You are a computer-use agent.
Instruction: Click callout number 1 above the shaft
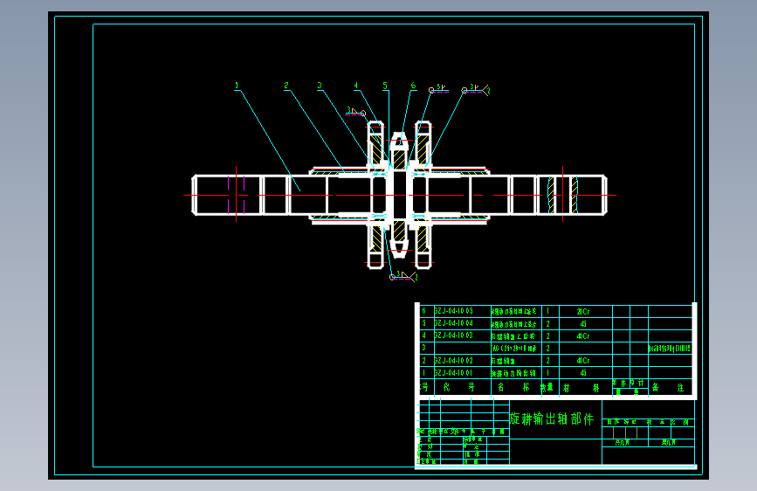[237, 86]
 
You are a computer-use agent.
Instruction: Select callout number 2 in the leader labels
[286, 86]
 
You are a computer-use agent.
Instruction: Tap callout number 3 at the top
[320, 86]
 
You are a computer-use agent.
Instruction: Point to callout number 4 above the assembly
[356, 86]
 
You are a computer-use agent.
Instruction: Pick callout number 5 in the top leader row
[385, 86]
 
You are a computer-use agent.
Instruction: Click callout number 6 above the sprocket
[413, 86]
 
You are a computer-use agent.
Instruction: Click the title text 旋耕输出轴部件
[551, 419]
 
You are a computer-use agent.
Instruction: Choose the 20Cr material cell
[583, 310]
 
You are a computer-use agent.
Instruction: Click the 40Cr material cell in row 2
[583, 360]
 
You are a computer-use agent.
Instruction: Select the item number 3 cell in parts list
[423, 348]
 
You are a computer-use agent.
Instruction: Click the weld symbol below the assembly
[401, 276]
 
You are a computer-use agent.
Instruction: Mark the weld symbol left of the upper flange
[354, 112]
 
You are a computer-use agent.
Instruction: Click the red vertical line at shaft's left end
[236, 193]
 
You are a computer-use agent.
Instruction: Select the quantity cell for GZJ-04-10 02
[547, 360]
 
